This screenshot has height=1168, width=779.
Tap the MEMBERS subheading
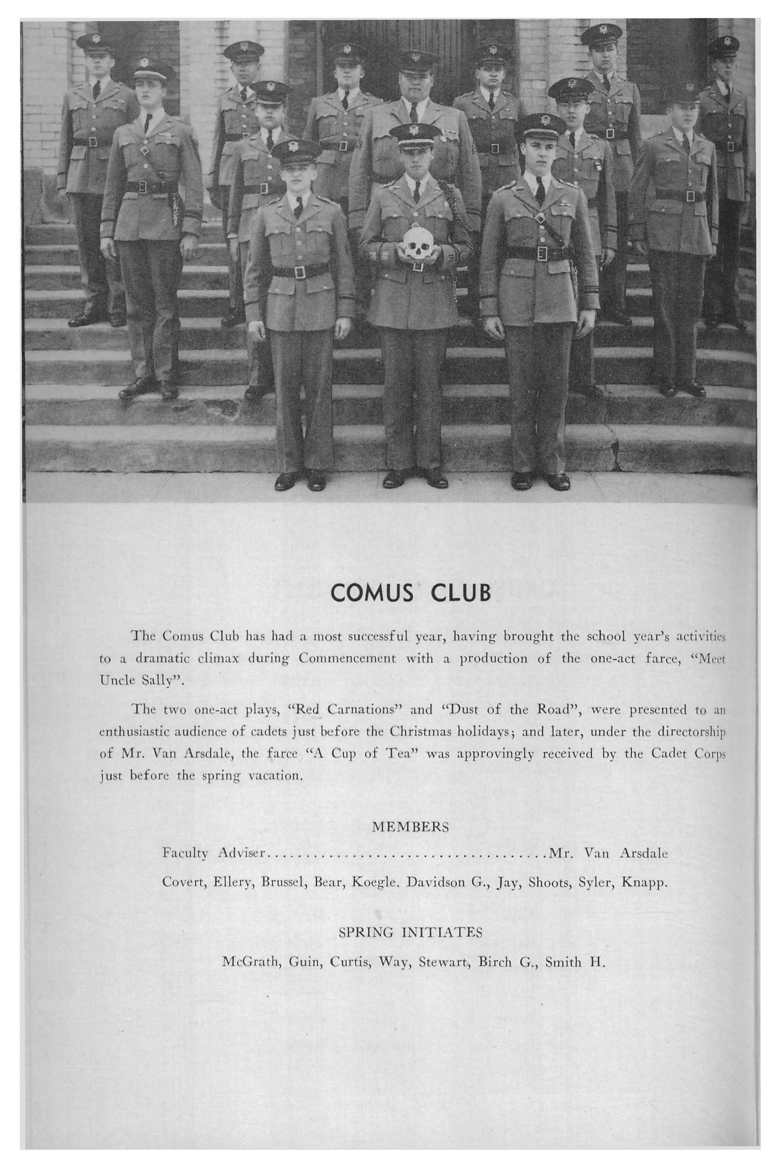410,827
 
